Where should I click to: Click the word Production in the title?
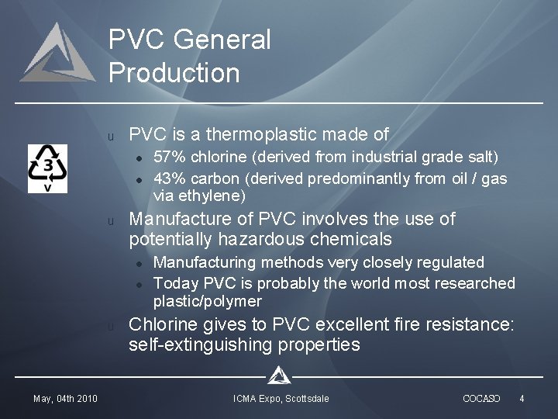coord(174,73)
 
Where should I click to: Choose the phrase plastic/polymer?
coord(207,301)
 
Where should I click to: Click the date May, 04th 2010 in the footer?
coord(65,399)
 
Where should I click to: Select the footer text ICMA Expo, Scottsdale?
coord(281,399)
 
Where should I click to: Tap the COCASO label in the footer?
coord(480,399)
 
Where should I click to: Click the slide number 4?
coord(522,399)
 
